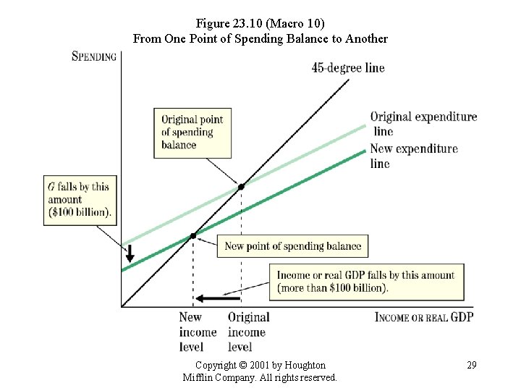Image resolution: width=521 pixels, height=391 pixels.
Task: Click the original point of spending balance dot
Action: tap(241, 187)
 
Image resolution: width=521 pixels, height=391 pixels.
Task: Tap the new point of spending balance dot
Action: tap(193, 236)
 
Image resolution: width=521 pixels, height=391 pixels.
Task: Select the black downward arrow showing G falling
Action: tap(130, 253)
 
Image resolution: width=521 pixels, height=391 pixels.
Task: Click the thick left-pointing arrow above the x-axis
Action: tap(218, 298)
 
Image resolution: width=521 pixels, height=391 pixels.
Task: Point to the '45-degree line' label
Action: tap(348, 68)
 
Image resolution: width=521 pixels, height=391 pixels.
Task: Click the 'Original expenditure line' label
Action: tap(423, 124)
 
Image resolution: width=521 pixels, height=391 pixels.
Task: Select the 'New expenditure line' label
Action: tap(414, 156)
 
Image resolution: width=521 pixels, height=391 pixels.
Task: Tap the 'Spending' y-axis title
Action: tap(94, 56)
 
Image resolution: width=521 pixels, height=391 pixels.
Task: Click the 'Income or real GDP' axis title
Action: tap(424, 317)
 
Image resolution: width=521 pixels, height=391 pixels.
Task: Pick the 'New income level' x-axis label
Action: tap(198, 332)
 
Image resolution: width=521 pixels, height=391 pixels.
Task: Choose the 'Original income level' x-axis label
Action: tap(248, 332)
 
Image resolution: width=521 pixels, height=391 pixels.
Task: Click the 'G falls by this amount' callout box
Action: tap(80, 201)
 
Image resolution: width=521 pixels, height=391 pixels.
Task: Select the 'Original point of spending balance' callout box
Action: tap(192, 133)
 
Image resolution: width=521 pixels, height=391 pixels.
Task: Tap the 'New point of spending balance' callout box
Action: tap(292, 246)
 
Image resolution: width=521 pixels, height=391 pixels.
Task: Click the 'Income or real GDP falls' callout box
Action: tap(366, 282)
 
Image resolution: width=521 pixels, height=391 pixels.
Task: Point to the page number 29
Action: tap(472, 365)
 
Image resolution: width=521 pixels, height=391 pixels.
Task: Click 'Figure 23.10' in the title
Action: tap(229, 23)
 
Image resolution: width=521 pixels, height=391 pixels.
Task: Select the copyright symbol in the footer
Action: tap(243, 365)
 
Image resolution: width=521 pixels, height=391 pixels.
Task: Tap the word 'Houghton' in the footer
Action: tap(305, 365)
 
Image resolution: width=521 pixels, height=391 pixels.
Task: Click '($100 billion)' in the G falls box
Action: tap(80, 212)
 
